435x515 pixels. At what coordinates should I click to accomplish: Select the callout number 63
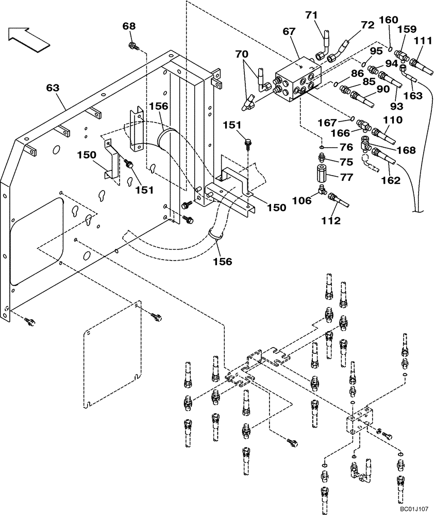click(53, 88)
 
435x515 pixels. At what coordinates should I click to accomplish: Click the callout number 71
click(311, 15)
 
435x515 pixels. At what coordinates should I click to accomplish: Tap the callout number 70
click(242, 53)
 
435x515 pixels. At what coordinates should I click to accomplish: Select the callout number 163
click(413, 96)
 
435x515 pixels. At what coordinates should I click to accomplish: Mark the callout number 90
click(382, 90)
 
